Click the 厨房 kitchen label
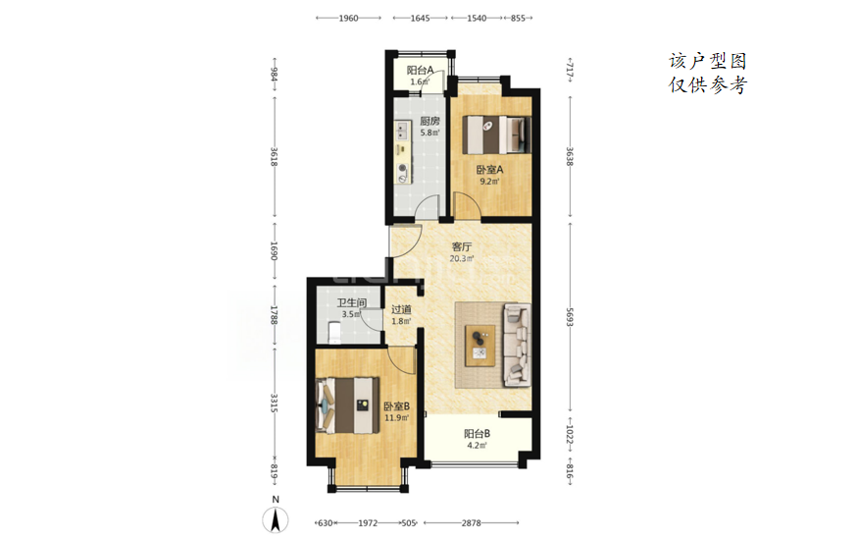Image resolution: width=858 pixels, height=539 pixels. pyautogui.click(x=429, y=121)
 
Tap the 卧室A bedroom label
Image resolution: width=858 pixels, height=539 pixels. pyautogui.click(x=489, y=170)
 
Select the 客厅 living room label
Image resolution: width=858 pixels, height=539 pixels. pyautogui.click(x=461, y=247)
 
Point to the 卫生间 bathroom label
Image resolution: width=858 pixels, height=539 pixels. pyautogui.click(x=351, y=303)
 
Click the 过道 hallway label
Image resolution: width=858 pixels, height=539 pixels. pyautogui.click(x=401, y=309)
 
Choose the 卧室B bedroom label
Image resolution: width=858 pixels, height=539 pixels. pyautogui.click(x=397, y=406)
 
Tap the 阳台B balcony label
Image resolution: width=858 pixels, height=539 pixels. pyautogui.click(x=478, y=434)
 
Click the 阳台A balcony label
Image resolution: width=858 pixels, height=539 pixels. pyautogui.click(x=420, y=70)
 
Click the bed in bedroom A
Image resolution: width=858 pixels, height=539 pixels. pyautogui.click(x=496, y=135)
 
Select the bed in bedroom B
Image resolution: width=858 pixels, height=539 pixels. pyautogui.click(x=348, y=405)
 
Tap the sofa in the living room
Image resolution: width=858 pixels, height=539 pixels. pyautogui.click(x=517, y=345)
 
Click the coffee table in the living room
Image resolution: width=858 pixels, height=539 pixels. pyautogui.click(x=479, y=346)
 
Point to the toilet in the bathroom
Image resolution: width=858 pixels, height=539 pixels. pyautogui.click(x=333, y=332)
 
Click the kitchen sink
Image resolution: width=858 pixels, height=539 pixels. pyautogui.click(x=402, y=131)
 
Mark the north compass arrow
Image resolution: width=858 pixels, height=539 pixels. pyautogui.click(x=276, y=519)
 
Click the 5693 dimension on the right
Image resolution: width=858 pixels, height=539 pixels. pyautogui.click(x=570, y=316)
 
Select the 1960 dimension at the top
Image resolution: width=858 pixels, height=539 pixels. pyautogui.click(x=348, y=18)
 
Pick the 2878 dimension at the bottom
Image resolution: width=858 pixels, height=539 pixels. pyautogui.click(x=471, y=523)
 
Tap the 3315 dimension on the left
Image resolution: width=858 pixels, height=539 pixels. pyautogui.click(x=275, y=404)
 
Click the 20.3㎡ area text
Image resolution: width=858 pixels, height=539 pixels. pyautogui.click(x=461, y=258)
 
